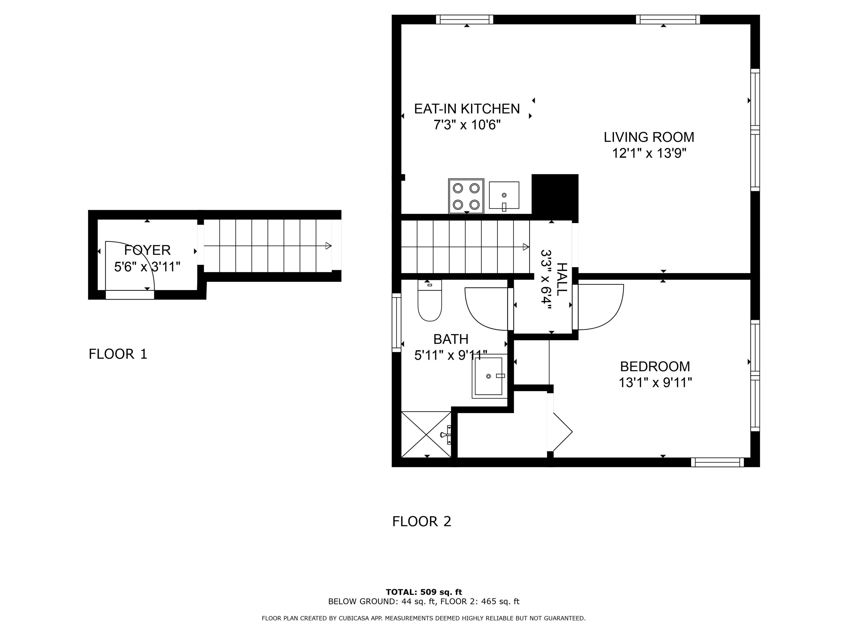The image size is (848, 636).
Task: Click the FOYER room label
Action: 147,250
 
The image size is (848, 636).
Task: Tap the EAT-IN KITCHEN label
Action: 467,109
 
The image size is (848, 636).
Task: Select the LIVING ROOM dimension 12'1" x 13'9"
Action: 649,153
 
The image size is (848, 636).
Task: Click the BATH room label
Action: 451,339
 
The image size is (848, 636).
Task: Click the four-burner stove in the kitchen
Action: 466,196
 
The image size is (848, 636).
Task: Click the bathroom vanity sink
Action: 490,376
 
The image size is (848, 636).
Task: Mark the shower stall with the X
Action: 426,434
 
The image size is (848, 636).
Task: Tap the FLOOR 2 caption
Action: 422,521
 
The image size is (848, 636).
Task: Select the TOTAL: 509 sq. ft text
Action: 424,592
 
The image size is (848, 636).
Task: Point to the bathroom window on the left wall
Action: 396,323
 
